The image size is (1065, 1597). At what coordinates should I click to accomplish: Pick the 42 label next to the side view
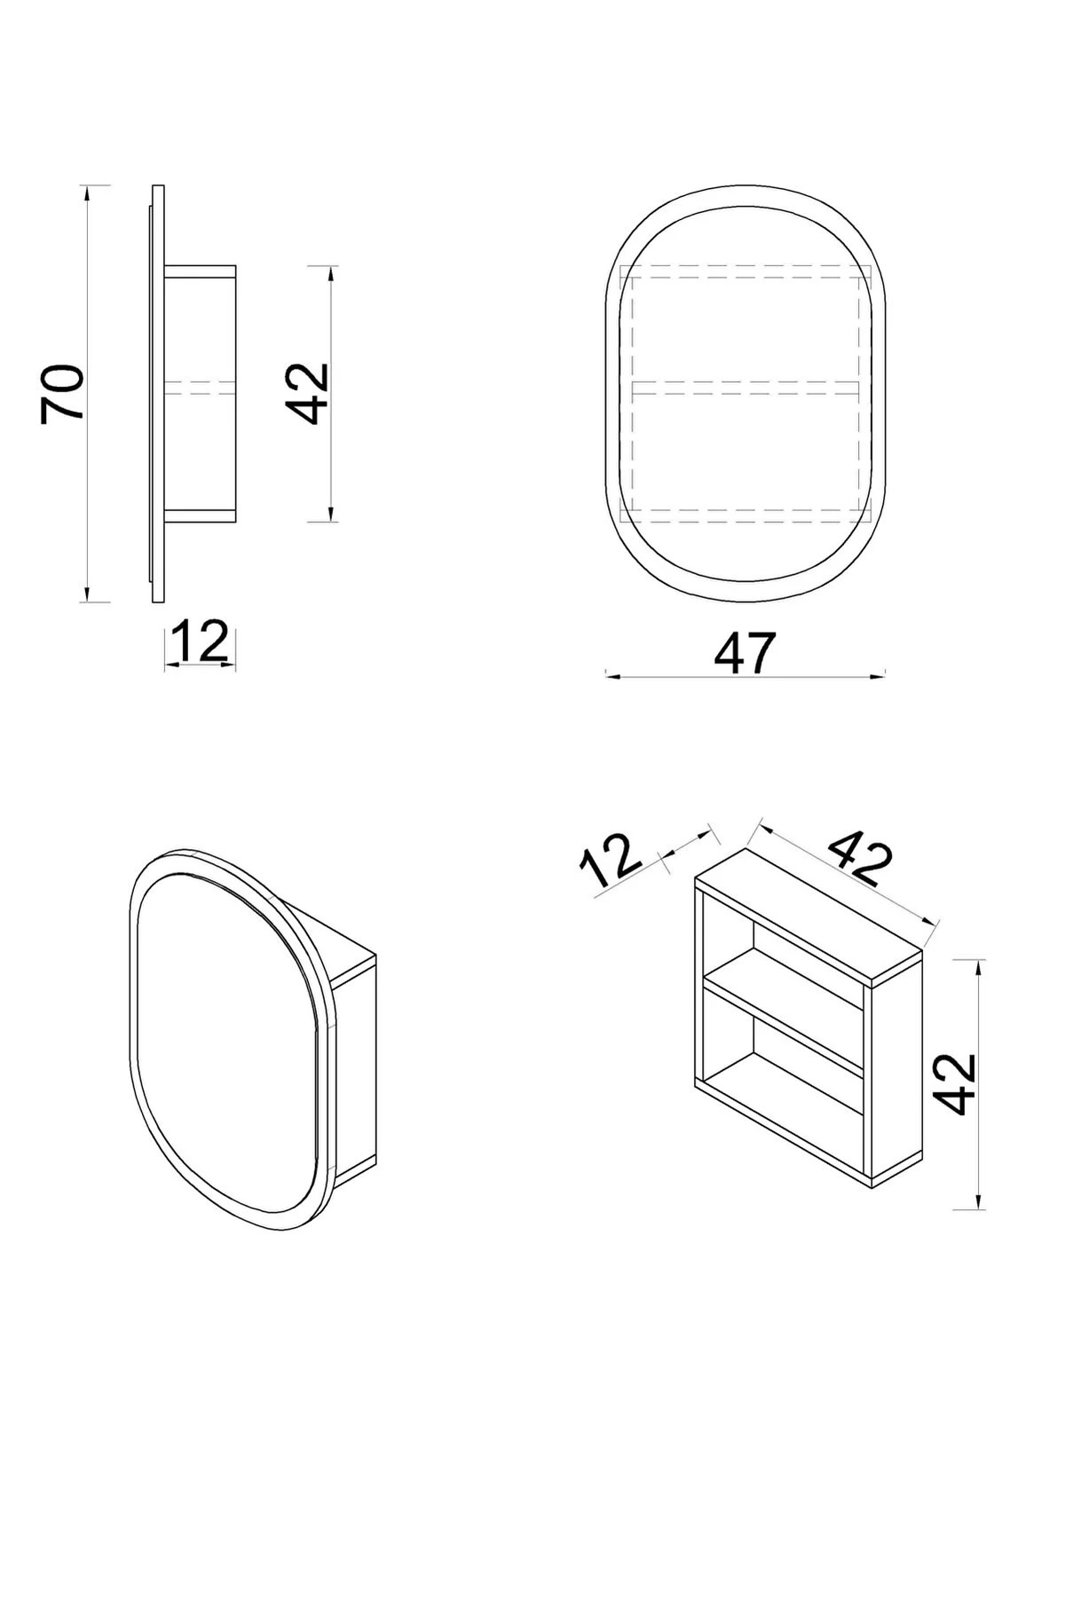pyautogui.click(x=308, y=393)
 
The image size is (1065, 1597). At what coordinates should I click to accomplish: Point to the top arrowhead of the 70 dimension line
pyautogui.click(x=86, y=190)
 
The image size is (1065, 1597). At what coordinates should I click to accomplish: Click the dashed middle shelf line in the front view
pyautogui.click(x=745, y=388)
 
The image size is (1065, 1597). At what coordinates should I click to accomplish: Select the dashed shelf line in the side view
pyautogui.click(x=200, y=387)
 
